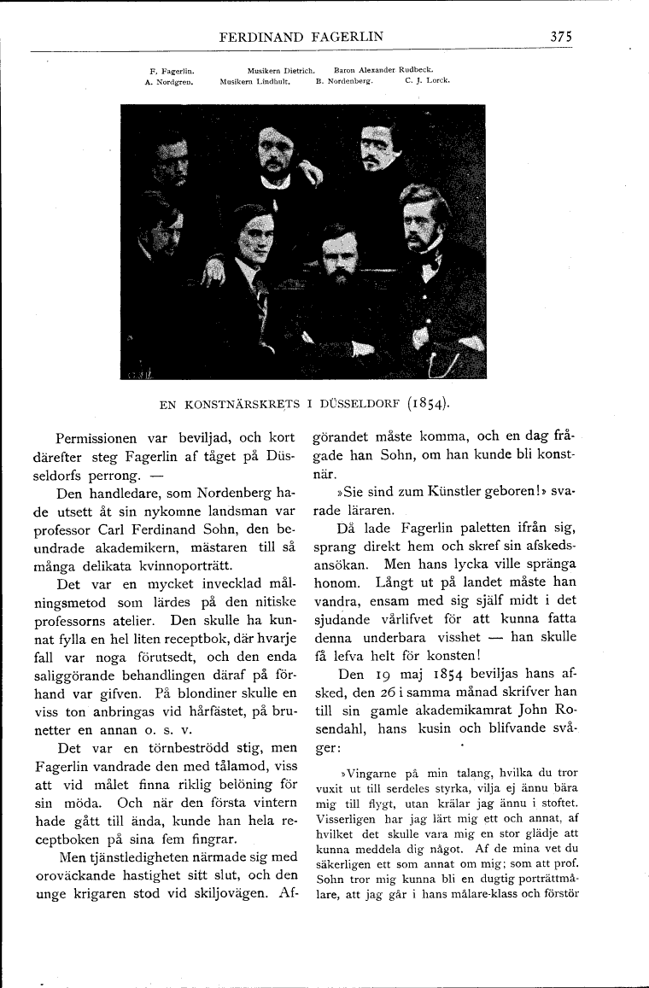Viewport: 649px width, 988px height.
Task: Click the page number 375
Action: (x=561, y=37)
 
